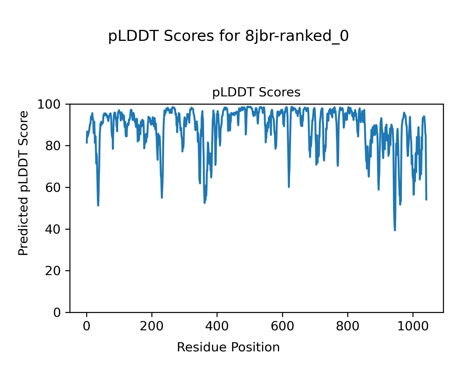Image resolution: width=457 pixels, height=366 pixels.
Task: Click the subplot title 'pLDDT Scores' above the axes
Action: click(x=256, y=92)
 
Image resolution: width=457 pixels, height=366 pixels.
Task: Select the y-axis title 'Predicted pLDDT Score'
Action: click(x=23, y=183)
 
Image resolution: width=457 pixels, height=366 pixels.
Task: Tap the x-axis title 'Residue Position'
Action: click(x=228, y=347)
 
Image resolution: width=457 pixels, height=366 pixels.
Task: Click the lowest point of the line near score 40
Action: click(x=395, y=230)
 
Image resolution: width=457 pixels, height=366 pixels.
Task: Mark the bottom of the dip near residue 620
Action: click(x=289, y=187)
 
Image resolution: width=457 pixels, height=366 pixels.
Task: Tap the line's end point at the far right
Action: click(x=426, y=200)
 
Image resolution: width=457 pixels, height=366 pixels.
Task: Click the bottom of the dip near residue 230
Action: click(x=162, y=198)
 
